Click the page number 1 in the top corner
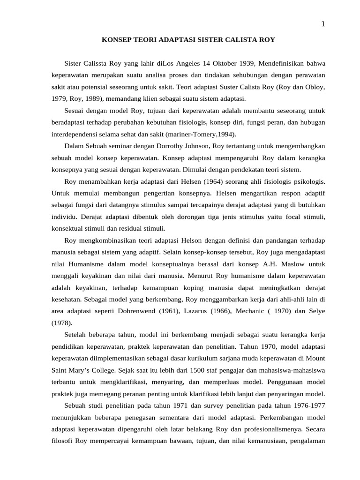(x=322, y=25)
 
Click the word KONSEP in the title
(x=116, y=40)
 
